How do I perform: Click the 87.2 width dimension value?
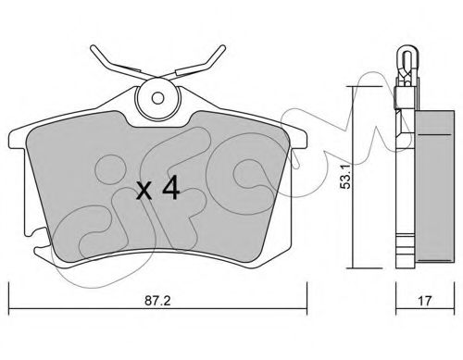click(x=157, y=300)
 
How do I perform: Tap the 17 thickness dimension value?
click(x=424, y=300)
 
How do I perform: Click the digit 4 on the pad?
click(x=171, y=187)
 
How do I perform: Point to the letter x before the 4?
click(x=144, y=191)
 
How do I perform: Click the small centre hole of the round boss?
click(x=157, y=98)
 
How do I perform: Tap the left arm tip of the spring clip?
click(x=94, y=49)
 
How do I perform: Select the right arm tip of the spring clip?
click(x=222, y=48)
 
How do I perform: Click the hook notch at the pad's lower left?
click(x=39, y=239)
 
